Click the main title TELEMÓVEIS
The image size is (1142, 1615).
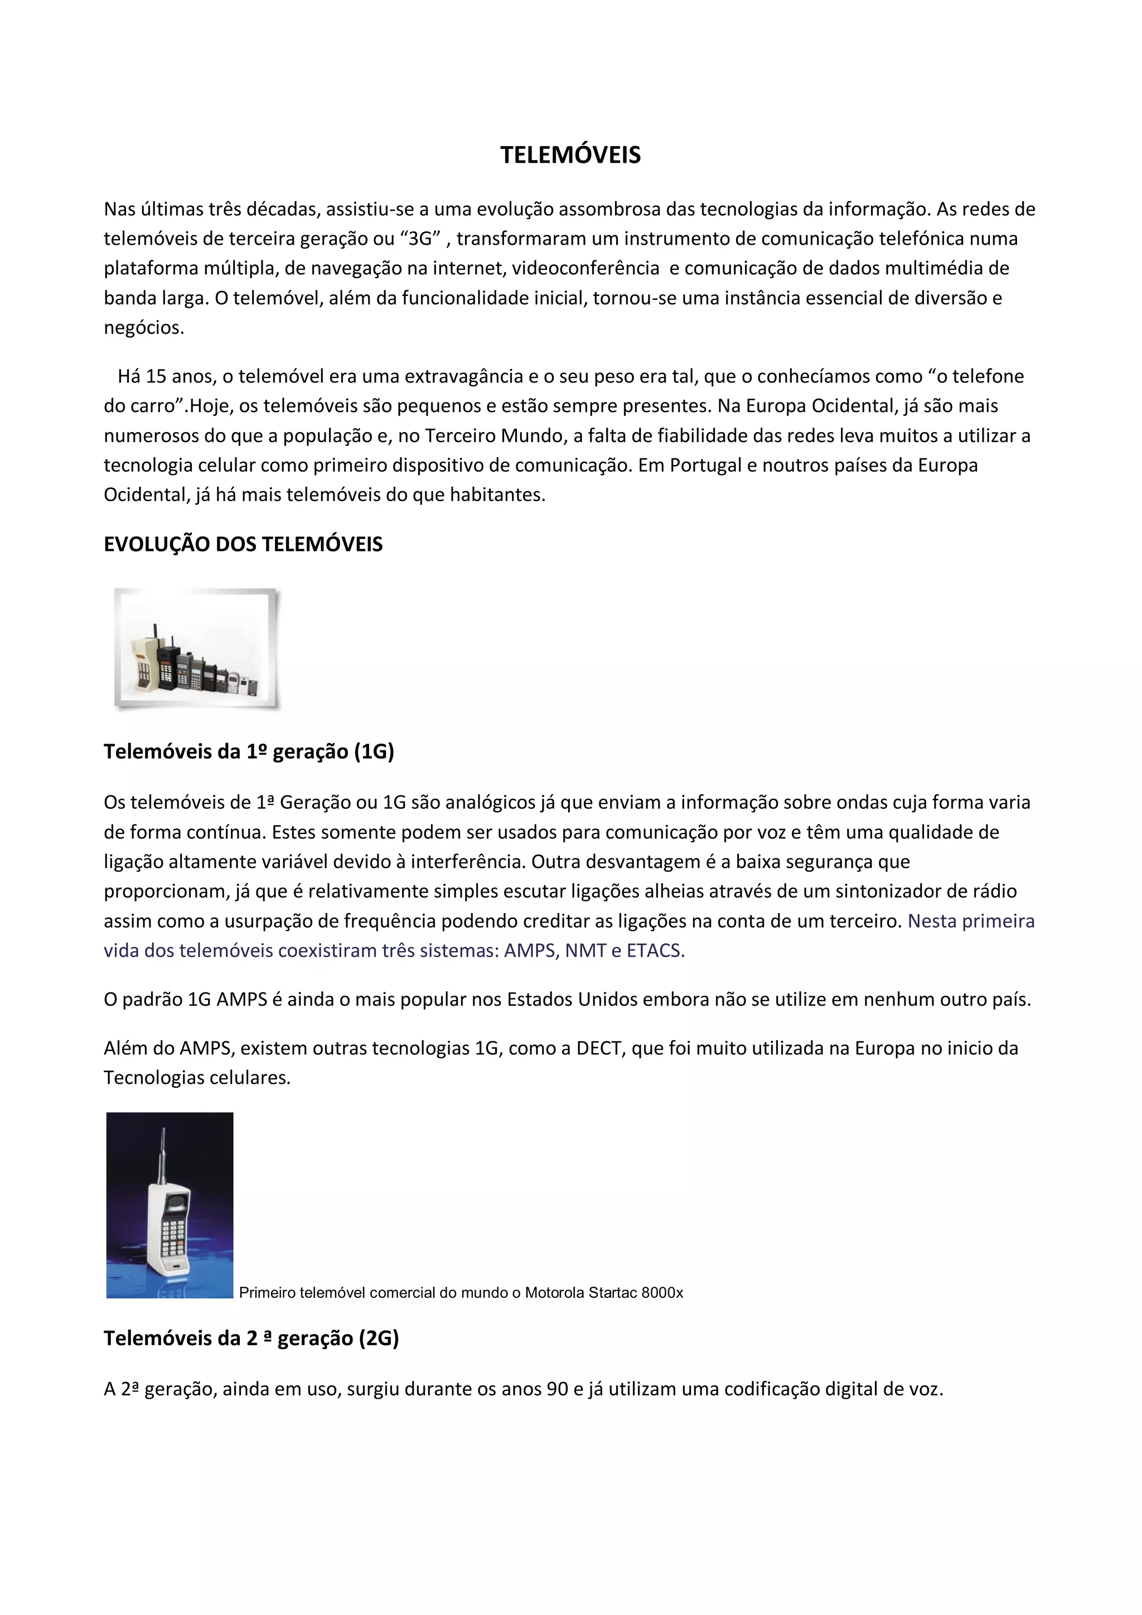570,156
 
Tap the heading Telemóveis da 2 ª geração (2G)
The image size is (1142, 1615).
251,1338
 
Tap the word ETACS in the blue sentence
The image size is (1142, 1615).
655,951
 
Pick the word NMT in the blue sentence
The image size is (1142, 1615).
585,951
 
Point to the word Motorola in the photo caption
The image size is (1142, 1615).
554,1293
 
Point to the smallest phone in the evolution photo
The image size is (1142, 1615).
252,685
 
